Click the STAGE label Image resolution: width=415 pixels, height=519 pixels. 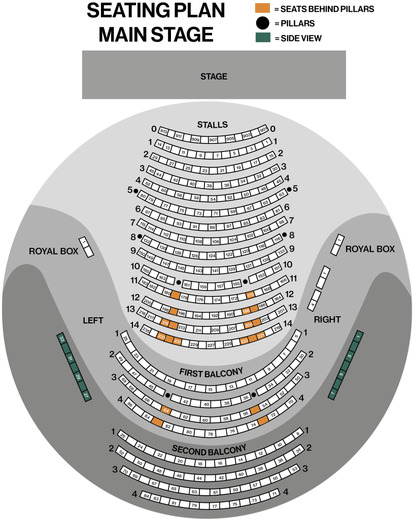coord(214,77)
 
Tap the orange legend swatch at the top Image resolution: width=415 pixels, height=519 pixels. coord(262,8)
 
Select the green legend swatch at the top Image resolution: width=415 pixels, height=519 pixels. coord(262,37)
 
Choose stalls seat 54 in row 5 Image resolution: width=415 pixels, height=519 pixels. coord(213,199)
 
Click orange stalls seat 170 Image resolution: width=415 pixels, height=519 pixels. coord(250,294)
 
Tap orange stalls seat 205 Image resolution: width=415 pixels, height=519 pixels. coord(249,325)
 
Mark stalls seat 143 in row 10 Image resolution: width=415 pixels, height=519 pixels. coord(199,271)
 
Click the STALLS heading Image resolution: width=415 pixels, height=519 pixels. coord(213,125)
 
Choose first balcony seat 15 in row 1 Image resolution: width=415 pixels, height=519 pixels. coord(210,389)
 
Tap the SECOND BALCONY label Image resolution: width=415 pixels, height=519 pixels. coord(209,450)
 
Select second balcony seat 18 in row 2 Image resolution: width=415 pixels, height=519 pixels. coord(200,463)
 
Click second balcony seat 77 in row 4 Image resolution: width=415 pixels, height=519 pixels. coord(215,506)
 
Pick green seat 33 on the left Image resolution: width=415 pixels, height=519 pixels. coord(62,338)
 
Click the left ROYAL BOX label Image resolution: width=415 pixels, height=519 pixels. coord(54,251)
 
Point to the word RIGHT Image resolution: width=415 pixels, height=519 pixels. coord(327,319)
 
